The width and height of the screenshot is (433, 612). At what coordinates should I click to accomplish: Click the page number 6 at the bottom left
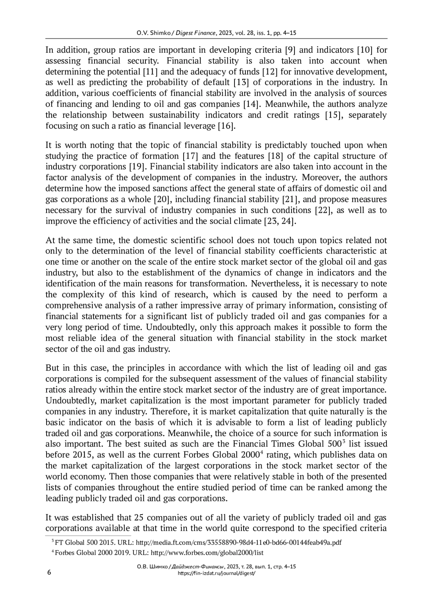coord(49,573)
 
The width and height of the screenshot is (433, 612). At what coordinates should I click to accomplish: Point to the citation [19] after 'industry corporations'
coord(137,167)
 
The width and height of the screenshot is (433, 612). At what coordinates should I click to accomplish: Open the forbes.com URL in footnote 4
coord(207,552)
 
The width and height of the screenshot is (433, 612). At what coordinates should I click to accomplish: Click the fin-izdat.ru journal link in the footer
coord(217,573)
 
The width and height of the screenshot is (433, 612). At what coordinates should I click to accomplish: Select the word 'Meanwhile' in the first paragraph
coord(285,104)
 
